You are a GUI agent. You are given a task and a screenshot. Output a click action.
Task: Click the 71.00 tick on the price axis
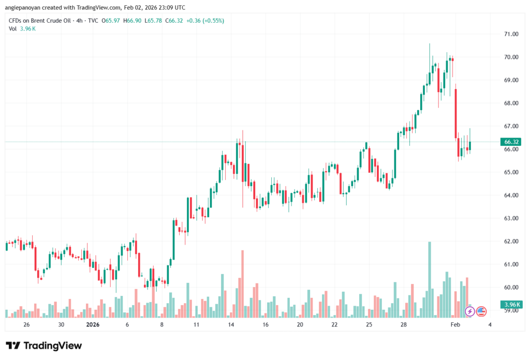[511, 34]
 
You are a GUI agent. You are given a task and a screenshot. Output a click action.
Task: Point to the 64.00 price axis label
[511, 195]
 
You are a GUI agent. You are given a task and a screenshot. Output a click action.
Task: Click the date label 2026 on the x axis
[92, 325]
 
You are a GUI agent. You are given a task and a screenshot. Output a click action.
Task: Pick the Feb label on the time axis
[455, 325]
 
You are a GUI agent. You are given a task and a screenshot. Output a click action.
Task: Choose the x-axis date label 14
[231, 325]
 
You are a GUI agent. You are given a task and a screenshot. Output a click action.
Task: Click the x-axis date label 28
[403, 325]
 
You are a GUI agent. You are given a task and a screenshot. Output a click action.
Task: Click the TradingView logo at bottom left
[43, 346]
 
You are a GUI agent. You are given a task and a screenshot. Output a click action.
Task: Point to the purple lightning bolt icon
[470, 311]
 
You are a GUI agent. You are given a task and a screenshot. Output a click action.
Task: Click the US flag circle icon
[481, 311]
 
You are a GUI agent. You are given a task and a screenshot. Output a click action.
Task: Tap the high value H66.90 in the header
[134, 21]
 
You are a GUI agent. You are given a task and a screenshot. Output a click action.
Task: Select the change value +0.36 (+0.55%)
[206, 21]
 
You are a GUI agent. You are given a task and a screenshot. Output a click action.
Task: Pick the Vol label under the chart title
[13, 28]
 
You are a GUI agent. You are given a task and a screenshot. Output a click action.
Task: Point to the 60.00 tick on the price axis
[511, 287]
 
